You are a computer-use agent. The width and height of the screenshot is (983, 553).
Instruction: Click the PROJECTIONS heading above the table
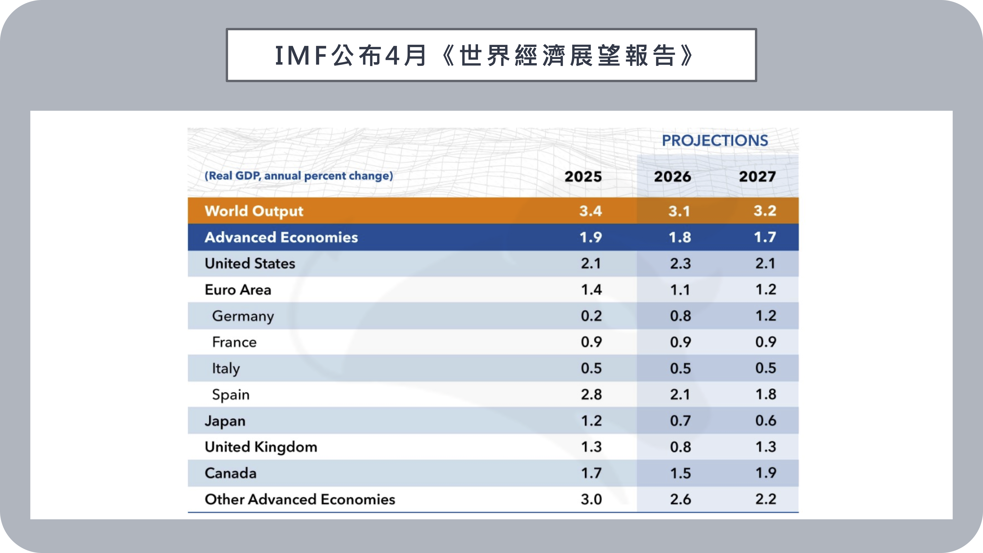click(x=715, y=140)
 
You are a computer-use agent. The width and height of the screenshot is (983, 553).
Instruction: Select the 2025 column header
click(x=583, y=177)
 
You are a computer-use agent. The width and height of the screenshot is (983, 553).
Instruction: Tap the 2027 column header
click(x=757, y=177)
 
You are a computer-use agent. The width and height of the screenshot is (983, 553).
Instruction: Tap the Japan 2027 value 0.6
click(x=766, y=421)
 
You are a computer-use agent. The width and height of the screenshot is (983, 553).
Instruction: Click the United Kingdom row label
click(x=261, y=447)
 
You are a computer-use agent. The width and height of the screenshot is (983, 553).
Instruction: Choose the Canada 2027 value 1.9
click(x=766, y=473)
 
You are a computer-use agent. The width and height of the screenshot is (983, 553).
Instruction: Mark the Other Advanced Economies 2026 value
click(x=680, y=499)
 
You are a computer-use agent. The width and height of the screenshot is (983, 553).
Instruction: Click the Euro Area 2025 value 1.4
click(x=591, y=290)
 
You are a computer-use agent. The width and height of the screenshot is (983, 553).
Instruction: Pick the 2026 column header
click(x=672, y=177)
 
